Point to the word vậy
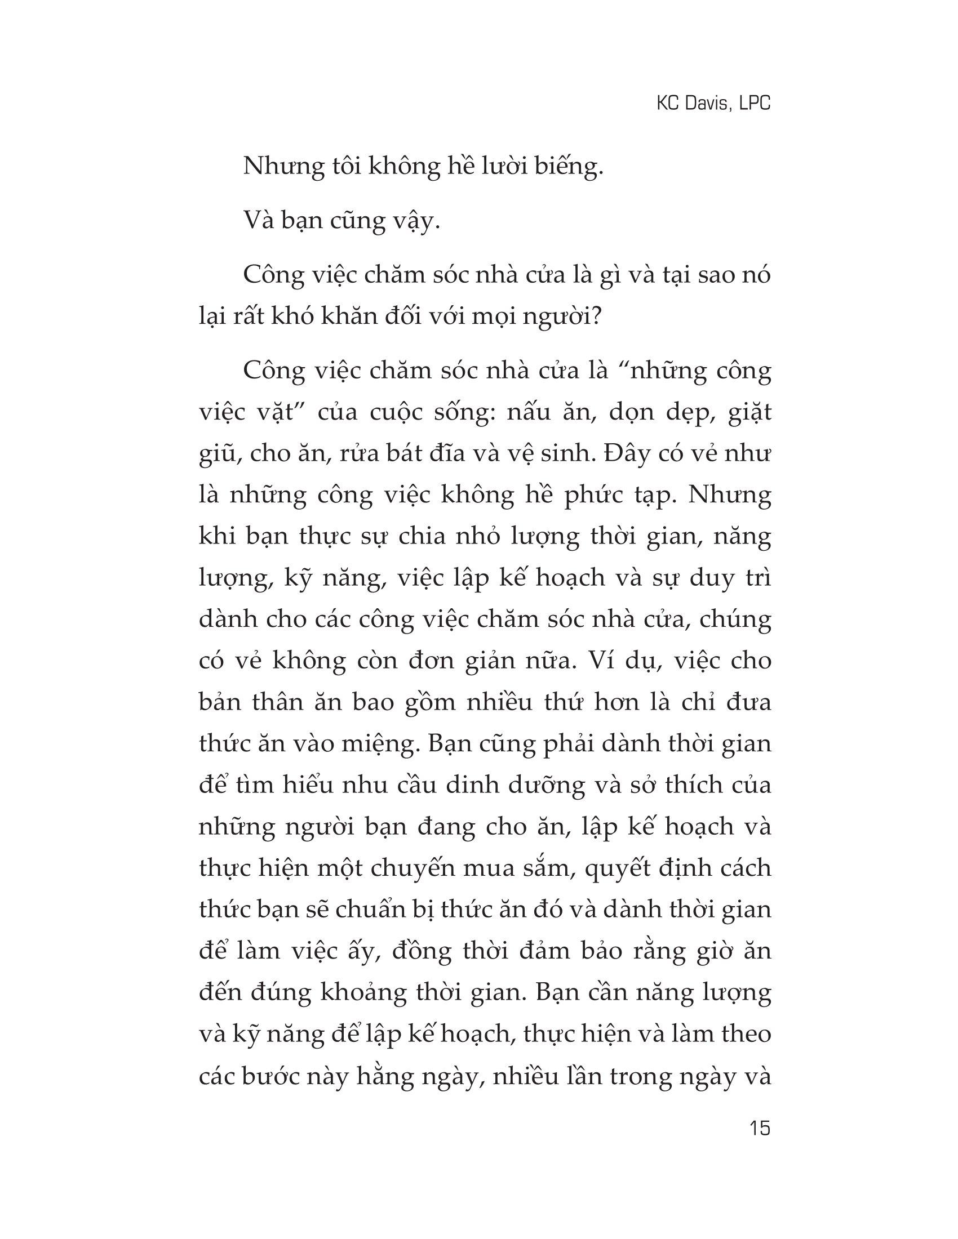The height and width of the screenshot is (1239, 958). pos(420,221)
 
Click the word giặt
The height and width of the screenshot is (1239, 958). pos(748,412)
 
